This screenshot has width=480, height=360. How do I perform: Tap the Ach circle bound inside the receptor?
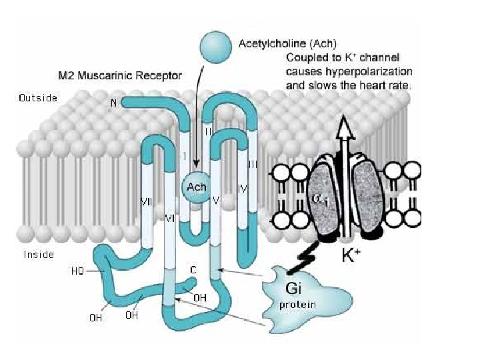[x=197, y=187]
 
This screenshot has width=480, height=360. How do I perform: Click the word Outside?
[x=37, y=98]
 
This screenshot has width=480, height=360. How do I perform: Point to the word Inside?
[x=39, y=254]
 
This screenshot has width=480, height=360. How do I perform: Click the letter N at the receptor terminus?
[x=113, y=103]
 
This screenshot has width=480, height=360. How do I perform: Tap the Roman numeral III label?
[x=253, y=163]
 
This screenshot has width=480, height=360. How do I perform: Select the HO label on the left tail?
[x=78, y=271]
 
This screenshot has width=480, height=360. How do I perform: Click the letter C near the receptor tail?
[x=192, y=270]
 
